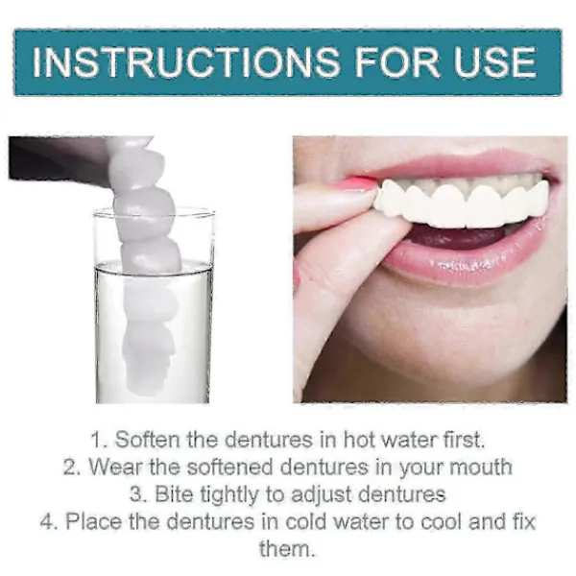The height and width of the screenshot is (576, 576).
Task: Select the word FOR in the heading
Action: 396,61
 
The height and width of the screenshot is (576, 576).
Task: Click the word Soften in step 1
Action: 149,440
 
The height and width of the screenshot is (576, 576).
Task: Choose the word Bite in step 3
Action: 174,494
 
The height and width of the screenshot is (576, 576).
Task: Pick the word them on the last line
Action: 287,549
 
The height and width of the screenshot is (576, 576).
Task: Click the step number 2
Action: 69,468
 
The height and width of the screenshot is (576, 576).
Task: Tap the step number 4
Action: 47,522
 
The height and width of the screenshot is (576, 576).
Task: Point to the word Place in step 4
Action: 93,521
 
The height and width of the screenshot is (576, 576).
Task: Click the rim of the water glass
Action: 154,213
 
